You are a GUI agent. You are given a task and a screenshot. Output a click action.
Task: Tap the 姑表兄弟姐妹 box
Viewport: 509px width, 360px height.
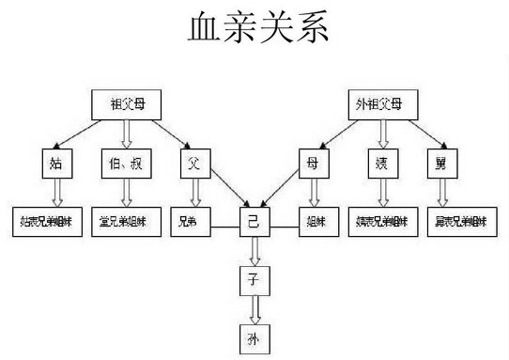(x=48, y=223)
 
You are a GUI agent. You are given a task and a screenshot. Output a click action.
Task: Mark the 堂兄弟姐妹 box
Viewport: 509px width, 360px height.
(x=126, y=223)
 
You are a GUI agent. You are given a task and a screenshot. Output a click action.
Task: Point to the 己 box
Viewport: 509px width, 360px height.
(x=254, y=223)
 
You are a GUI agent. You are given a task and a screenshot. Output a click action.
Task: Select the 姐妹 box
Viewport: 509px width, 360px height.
(x=314, y=223)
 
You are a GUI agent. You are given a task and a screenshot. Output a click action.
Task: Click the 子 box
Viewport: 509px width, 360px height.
(x=254, y=278)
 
